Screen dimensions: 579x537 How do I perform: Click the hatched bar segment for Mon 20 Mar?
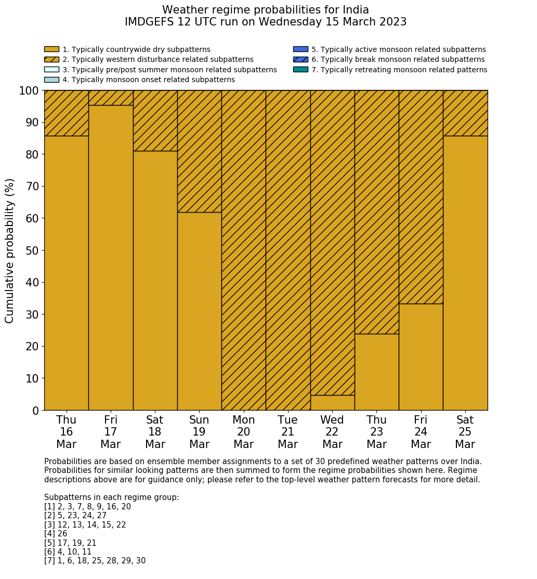click(243, 250)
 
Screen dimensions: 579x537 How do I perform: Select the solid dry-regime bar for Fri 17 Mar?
click(110, 257)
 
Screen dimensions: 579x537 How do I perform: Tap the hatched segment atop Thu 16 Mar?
click(66, 113)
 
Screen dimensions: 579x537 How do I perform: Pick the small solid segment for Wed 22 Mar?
click(332, 403)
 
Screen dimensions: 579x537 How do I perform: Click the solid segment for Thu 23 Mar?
click(376, 372)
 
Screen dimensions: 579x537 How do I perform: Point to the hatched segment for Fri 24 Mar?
click(421, 196)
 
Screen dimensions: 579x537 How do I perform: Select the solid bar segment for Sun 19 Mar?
click(199, 311)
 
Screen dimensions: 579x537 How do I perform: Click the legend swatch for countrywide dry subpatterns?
click(51, 49)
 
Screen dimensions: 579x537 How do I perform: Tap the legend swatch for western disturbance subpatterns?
click(51, 59)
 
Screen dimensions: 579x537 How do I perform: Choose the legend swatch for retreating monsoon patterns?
click(300, 70)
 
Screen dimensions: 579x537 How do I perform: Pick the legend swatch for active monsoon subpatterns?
click(300, 49)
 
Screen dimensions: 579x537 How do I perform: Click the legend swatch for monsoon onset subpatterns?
click(51, 80)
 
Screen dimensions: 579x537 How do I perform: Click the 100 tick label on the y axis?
click(29, 91)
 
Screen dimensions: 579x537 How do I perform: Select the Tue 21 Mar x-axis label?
click(287, 432)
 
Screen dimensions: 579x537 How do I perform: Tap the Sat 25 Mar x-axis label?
click(465, 432)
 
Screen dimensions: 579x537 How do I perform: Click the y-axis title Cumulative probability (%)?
click(10, 251)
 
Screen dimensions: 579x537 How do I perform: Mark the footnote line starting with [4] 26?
click(56, 534)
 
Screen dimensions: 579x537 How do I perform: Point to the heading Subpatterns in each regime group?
click(111, 497)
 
